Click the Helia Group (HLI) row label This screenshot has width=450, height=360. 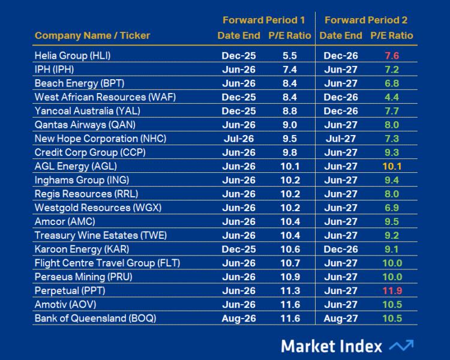[73, 56]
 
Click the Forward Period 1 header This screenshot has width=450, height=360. [263, 20]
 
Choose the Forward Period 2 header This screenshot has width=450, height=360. [365, 20]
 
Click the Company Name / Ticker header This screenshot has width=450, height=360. [92, 35]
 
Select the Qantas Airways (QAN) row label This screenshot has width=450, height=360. [85, 125]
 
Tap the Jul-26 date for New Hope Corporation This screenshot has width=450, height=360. [238, 139]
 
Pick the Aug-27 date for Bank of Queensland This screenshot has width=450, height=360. [340, 318]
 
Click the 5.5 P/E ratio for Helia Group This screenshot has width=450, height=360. [289, 56]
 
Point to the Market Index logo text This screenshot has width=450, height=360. [331, 346]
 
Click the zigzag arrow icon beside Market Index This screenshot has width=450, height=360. [401, 346]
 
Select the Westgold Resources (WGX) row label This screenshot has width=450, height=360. [98, 208]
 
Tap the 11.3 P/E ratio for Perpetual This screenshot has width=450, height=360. [289, 290]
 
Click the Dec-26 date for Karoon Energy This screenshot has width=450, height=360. [340, 249]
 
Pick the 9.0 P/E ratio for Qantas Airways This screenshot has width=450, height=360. [289, 125]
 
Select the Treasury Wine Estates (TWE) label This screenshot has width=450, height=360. [100, 235]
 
